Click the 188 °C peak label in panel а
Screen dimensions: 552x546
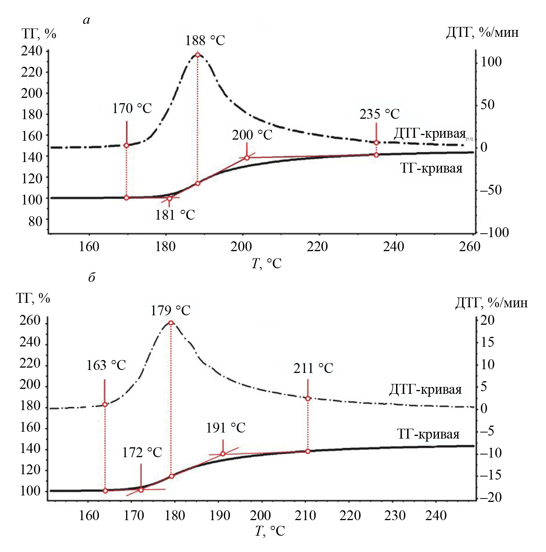tap(205, 41)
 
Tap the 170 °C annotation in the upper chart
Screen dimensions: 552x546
tap(132, 109)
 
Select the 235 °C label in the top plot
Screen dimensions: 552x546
tap(379, 114)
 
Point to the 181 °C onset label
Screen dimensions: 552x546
tap(175, 215)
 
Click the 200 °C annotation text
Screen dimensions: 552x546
tap(252, 135)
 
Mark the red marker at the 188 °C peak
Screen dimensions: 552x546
tap(197, 55)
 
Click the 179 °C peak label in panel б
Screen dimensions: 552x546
tap(170, 311)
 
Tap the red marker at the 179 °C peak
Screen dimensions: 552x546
tap(171, 323)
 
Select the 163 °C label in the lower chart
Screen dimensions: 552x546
tap(106, 365)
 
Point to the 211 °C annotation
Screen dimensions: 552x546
tap(313, 368)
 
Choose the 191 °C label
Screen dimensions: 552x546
tap(226, 428)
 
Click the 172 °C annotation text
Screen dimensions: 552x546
tap(142, 453)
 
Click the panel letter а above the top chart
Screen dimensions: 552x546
tap(87, 20)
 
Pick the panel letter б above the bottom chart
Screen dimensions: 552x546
tap(92, 277)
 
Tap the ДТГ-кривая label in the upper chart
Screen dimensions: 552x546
tap(429, 134)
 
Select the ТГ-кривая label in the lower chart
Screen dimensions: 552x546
tap(428, 434)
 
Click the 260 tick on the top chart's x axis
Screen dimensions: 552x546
tap(470, 247)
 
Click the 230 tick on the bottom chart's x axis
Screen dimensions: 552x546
tap(395, 516)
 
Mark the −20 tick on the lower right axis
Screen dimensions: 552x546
tap(491, 497)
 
